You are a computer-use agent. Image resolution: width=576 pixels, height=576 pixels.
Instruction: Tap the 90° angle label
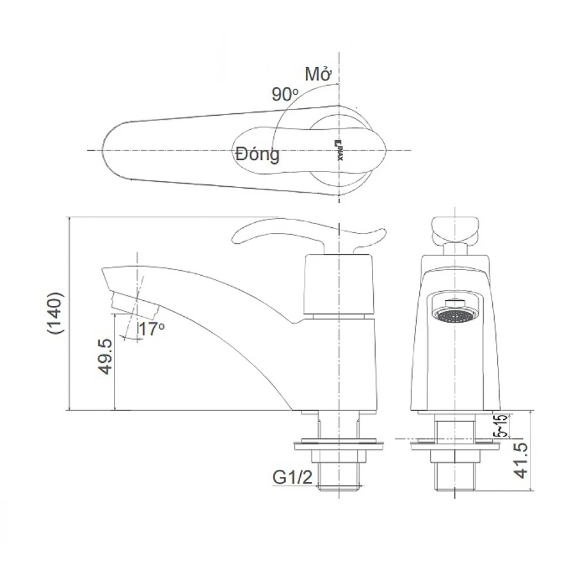point(285,95)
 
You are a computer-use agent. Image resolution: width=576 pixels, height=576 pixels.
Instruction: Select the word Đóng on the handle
point(257,154)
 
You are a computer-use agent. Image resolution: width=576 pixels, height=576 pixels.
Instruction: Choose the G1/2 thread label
point(291,478)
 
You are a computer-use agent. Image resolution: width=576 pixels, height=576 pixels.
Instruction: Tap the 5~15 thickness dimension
point(500,425)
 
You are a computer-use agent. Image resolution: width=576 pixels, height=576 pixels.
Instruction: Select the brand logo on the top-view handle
point(340,149)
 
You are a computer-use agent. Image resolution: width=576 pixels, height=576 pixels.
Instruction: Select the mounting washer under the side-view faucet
point(339,441)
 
